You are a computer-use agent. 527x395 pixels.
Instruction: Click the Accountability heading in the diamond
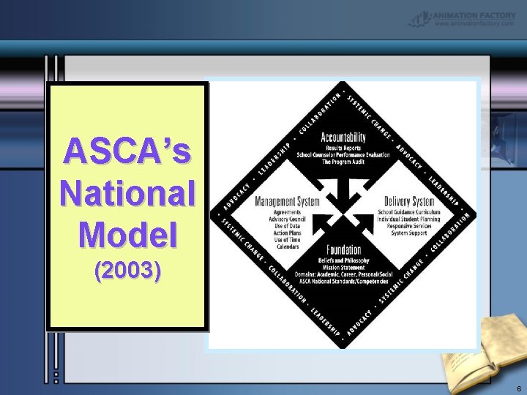343,138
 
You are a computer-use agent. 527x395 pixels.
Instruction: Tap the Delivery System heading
408,201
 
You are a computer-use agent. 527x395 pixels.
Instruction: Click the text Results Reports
343,148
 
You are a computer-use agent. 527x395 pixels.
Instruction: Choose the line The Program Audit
343,162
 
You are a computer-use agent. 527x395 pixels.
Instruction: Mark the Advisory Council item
287,219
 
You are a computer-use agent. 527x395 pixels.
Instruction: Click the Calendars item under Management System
287,247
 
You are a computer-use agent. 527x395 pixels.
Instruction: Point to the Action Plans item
287,233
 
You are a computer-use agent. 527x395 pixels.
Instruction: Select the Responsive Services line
408,226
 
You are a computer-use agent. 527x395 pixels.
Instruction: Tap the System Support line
408,233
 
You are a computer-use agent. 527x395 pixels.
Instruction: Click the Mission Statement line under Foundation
344,267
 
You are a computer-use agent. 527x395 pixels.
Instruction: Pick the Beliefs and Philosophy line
344,260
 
